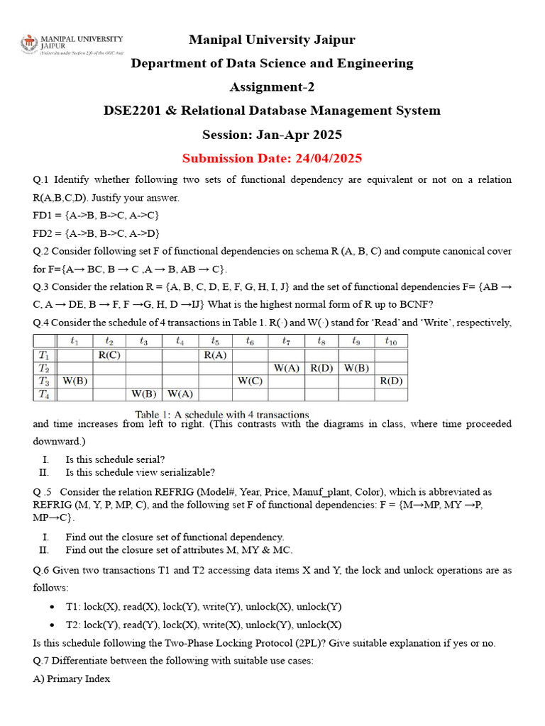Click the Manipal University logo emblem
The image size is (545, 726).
30,44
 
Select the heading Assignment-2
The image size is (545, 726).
272,87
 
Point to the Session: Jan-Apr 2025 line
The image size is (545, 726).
272,135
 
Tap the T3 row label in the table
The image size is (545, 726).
44,381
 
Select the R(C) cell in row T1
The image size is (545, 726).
109,354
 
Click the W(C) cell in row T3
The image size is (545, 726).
251,381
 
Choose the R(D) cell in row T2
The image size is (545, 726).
321,368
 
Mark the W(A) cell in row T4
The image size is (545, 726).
180,394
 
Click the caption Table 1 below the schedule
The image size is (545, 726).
222,415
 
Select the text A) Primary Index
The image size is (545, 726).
71,678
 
